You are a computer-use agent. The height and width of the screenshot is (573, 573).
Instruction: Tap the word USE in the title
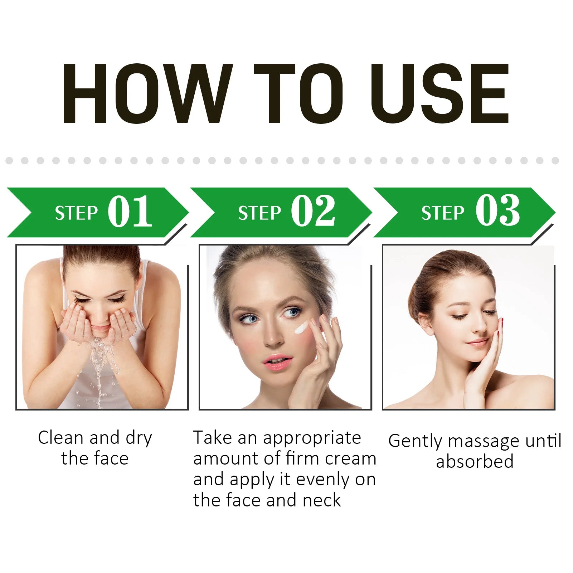pyautogui.click(x=440, y=94)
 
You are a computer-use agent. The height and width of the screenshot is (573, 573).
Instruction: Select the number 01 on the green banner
pyautogui.click(x=130, y=211)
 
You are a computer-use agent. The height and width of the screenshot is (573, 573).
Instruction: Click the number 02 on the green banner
pyautogui.click(x=313, y=211)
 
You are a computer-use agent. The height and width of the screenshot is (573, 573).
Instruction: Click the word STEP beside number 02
pyautogui.click(x=259, y=213)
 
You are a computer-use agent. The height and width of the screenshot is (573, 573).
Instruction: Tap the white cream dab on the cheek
pyautogui.click(x=302, y=327)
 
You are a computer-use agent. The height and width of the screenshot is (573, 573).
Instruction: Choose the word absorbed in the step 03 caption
pyautogui.click(x=475, y=461)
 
